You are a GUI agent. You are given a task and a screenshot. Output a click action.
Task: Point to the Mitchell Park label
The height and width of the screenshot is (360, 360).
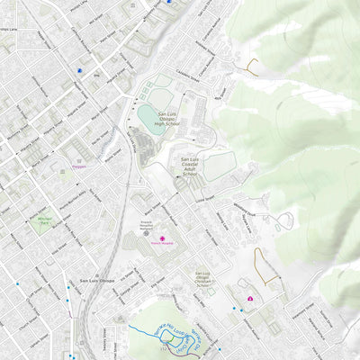[x=43, y=219]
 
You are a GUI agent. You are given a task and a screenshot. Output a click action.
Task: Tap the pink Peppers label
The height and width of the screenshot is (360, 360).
[x=78, y=166]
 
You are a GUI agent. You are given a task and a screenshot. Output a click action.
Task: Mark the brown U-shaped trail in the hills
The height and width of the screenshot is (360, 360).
[x=251, y=65]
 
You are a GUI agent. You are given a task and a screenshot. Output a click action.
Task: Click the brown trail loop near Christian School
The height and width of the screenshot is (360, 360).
[x=261, y=264]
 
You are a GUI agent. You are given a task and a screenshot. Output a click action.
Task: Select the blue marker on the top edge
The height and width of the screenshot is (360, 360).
[x=167, y=2]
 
